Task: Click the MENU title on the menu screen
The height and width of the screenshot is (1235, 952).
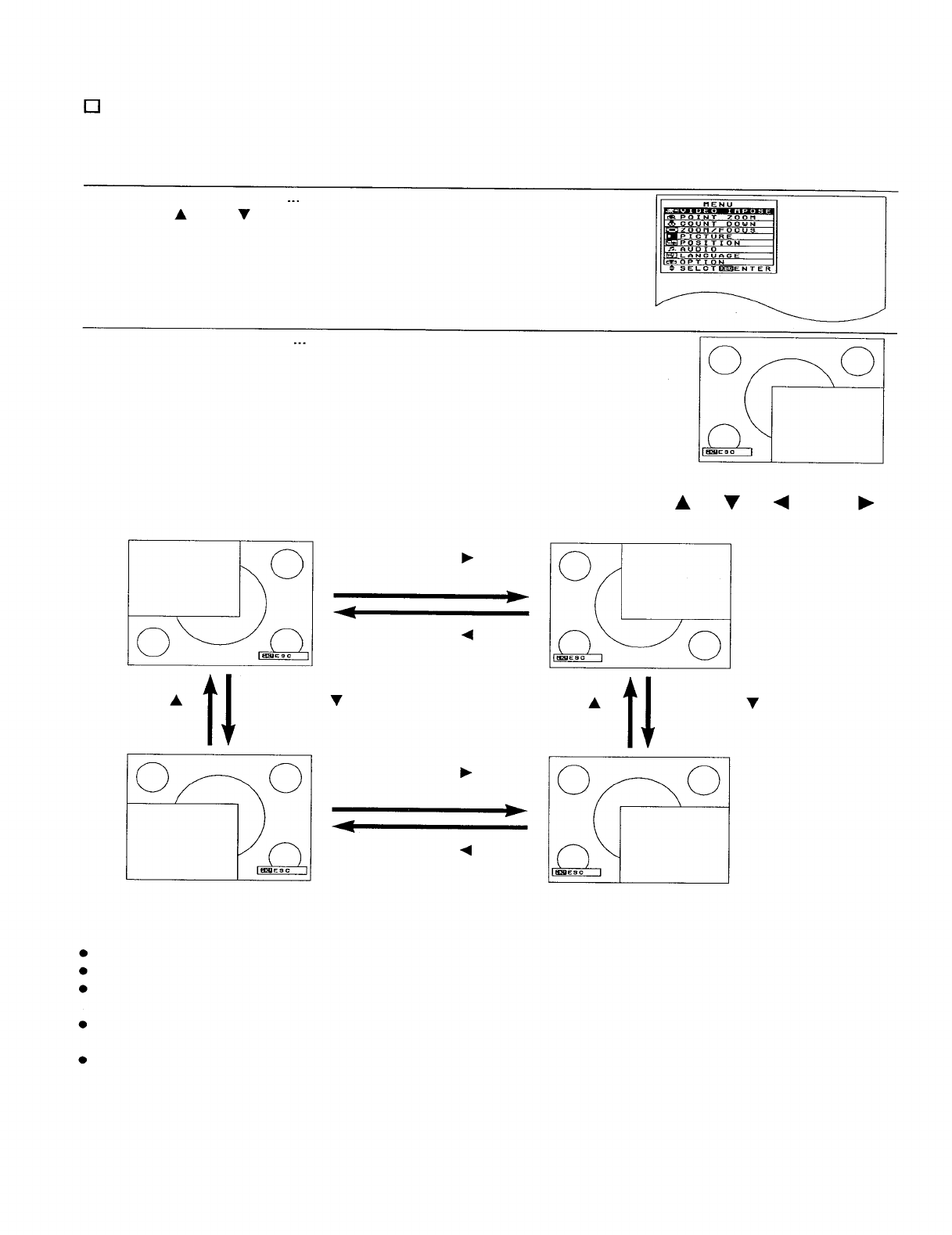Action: coord(718,205)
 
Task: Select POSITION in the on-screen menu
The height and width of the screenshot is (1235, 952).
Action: coord(710,243)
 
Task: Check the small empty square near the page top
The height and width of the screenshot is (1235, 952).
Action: coord(91,106)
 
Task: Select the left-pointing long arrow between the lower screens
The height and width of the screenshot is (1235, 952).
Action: coord(429,827)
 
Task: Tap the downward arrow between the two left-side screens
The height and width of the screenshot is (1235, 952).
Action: coord(228,709)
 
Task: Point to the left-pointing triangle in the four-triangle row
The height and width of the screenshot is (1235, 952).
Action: coord(780,503)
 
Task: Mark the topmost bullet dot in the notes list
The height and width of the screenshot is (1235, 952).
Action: coord(82,953)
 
